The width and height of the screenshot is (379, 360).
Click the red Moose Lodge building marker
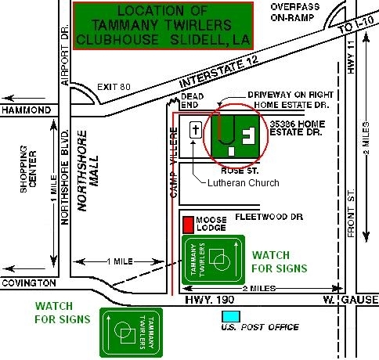(188, 225)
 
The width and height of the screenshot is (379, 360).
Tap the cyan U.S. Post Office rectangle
(231, 316)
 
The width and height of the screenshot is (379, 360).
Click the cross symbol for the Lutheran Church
(196, 130)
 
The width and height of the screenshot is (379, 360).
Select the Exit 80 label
(114, 87)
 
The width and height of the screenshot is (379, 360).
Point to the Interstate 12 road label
(218, 71)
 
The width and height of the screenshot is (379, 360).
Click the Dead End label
(192, 100)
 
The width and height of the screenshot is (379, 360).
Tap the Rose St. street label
(240, 171)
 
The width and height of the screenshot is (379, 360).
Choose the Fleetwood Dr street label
(269, 217)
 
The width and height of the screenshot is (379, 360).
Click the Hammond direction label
(26, 110)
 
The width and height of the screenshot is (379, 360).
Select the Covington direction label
(29, 283)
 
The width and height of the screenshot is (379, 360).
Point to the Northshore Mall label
(88, 171)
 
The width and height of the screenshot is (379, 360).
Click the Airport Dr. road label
(65, 55)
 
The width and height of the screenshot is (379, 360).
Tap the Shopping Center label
(28, 169)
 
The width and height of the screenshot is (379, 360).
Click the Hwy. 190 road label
(210, 300)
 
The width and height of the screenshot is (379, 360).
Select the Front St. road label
(352, 213)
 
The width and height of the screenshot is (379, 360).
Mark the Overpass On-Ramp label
(295, 13)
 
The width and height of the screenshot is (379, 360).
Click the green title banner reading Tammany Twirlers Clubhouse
(163, 26)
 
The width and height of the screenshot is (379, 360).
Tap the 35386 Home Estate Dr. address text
(298, 128)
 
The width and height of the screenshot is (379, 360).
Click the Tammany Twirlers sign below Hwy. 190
(132, 333)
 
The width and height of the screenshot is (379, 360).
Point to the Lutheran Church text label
(244, 183)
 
